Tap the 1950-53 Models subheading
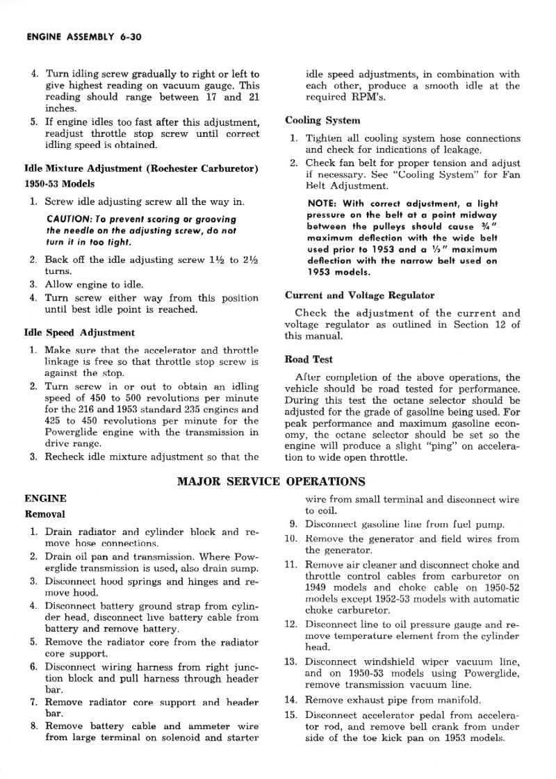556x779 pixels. [x=59, y=184]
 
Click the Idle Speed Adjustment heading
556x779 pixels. [x=79, y=332]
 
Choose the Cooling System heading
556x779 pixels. [x=322, y=120]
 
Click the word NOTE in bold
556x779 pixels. [x=322, y=204]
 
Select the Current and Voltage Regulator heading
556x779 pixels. [x=359, y=295]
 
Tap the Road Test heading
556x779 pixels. [x=309, y=359]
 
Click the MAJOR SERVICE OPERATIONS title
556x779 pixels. [x=271, y=481]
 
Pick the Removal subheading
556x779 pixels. [x=44, y=514]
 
